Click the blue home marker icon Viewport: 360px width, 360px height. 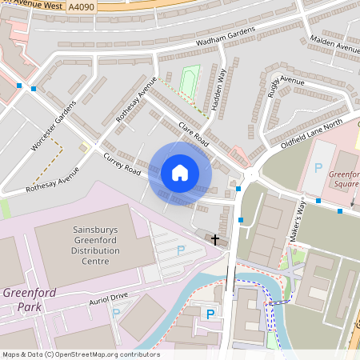tap(180, 173)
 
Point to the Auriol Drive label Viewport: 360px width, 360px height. tap(108, 297)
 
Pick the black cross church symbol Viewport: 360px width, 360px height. tap(215, 239)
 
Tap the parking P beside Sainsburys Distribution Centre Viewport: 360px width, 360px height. tap(180, 250)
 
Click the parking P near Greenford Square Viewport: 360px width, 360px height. tap(318, 169)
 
